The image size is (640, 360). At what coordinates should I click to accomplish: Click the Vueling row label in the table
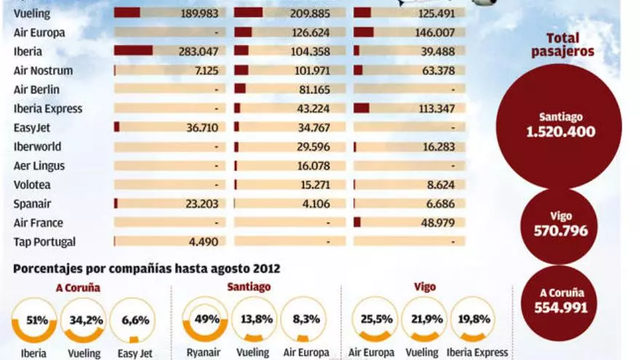[32, 13]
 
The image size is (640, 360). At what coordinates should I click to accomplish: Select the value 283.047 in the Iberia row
[198, 52]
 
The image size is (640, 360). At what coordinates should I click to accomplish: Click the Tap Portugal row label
[44, 241]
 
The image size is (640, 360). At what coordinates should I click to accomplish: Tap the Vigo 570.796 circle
[561, 225]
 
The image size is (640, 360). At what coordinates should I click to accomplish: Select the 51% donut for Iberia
[33, 320]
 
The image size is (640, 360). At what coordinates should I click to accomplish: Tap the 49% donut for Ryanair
[204, 320]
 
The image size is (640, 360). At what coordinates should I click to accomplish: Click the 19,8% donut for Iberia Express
[473, 320]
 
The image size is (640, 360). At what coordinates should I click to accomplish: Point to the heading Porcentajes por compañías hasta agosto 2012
[146, 269]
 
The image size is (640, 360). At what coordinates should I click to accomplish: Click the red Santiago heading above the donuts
[249, 287]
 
